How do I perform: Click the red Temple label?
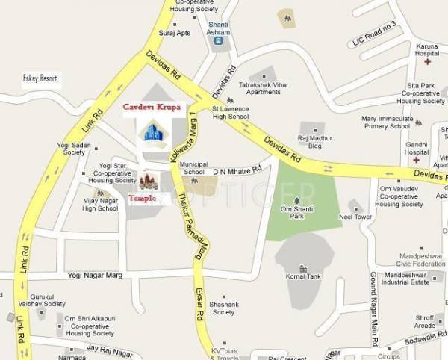tap(143, 198)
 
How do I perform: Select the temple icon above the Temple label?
tap(149, 181)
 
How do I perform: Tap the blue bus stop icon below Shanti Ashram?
tap(218, 42)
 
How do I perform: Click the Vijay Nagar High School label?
tap(100, 204)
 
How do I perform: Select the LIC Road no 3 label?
tap(376, 49)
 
